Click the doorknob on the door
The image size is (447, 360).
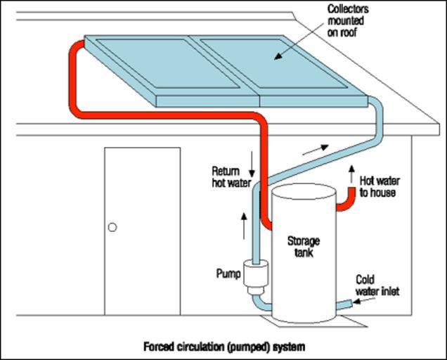[x=112, y=227]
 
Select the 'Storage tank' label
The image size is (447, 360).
[x=303, y=246]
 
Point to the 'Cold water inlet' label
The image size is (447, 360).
[x=377, y=285]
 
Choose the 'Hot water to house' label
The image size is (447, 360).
[x=377, y=186]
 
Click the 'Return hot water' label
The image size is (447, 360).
[x=231, y=177]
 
